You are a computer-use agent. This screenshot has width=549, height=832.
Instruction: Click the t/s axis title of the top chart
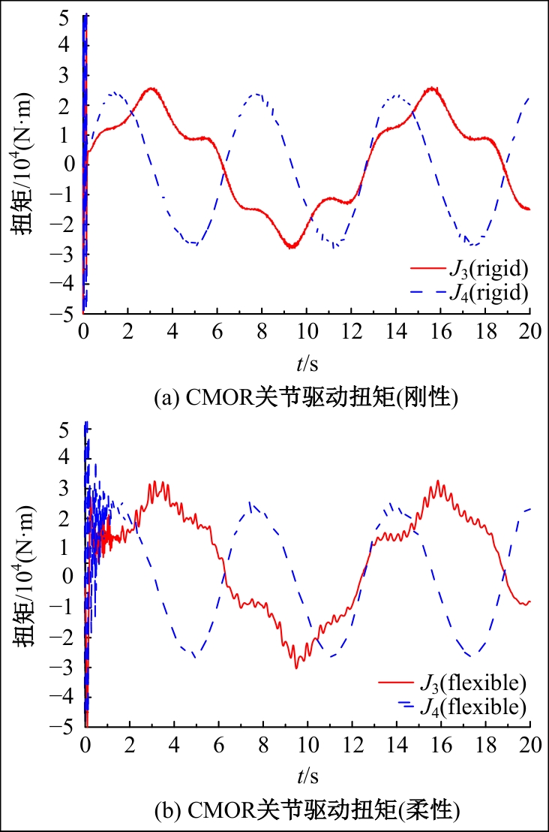tap(306, 364)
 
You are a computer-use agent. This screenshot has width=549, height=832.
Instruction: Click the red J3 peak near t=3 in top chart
tap(152, 89)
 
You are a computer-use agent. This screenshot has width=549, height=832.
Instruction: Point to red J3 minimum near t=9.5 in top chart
tap(292, 247)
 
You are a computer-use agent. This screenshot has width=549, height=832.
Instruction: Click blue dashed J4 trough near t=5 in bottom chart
tap(194, 657)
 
